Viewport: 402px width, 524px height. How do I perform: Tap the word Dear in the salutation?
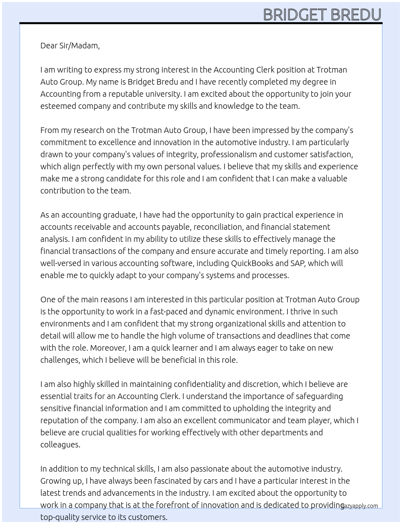[49, 46]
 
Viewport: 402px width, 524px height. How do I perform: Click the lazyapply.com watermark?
[360, 506]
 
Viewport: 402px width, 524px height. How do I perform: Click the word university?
[161, 94]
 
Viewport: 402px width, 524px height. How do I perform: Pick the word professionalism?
[228, 154]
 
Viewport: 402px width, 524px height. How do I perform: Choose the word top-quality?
[59, 517]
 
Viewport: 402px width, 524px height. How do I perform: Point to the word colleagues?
[60, 445]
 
